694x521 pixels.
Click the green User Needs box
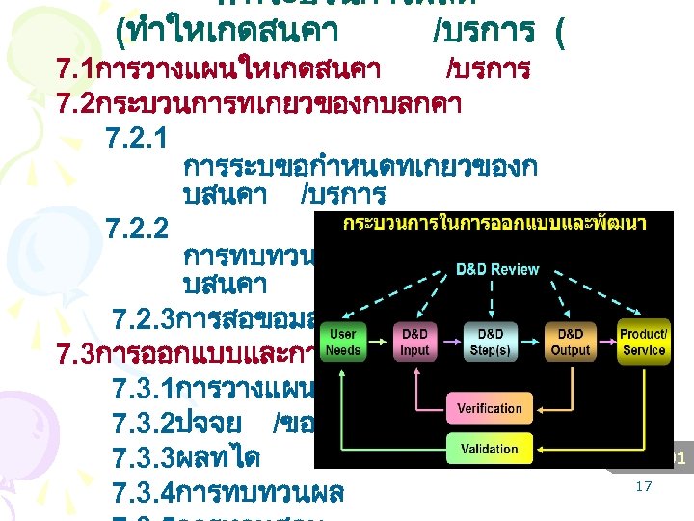pyautogui.click(x=343, y=343)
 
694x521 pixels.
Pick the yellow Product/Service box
pyautogui.click(x=643, y=343)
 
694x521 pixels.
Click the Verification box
pyautogui.click(x=489, y=408)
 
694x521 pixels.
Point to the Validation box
pyautogui.click(x=489, y=449)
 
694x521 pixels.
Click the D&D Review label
pyautogui.click(x=496, y=269)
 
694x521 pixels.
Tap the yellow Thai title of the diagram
pyautogui.click(x=494, y=223)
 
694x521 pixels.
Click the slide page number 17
pyautogui.click(x=643, y=487)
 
